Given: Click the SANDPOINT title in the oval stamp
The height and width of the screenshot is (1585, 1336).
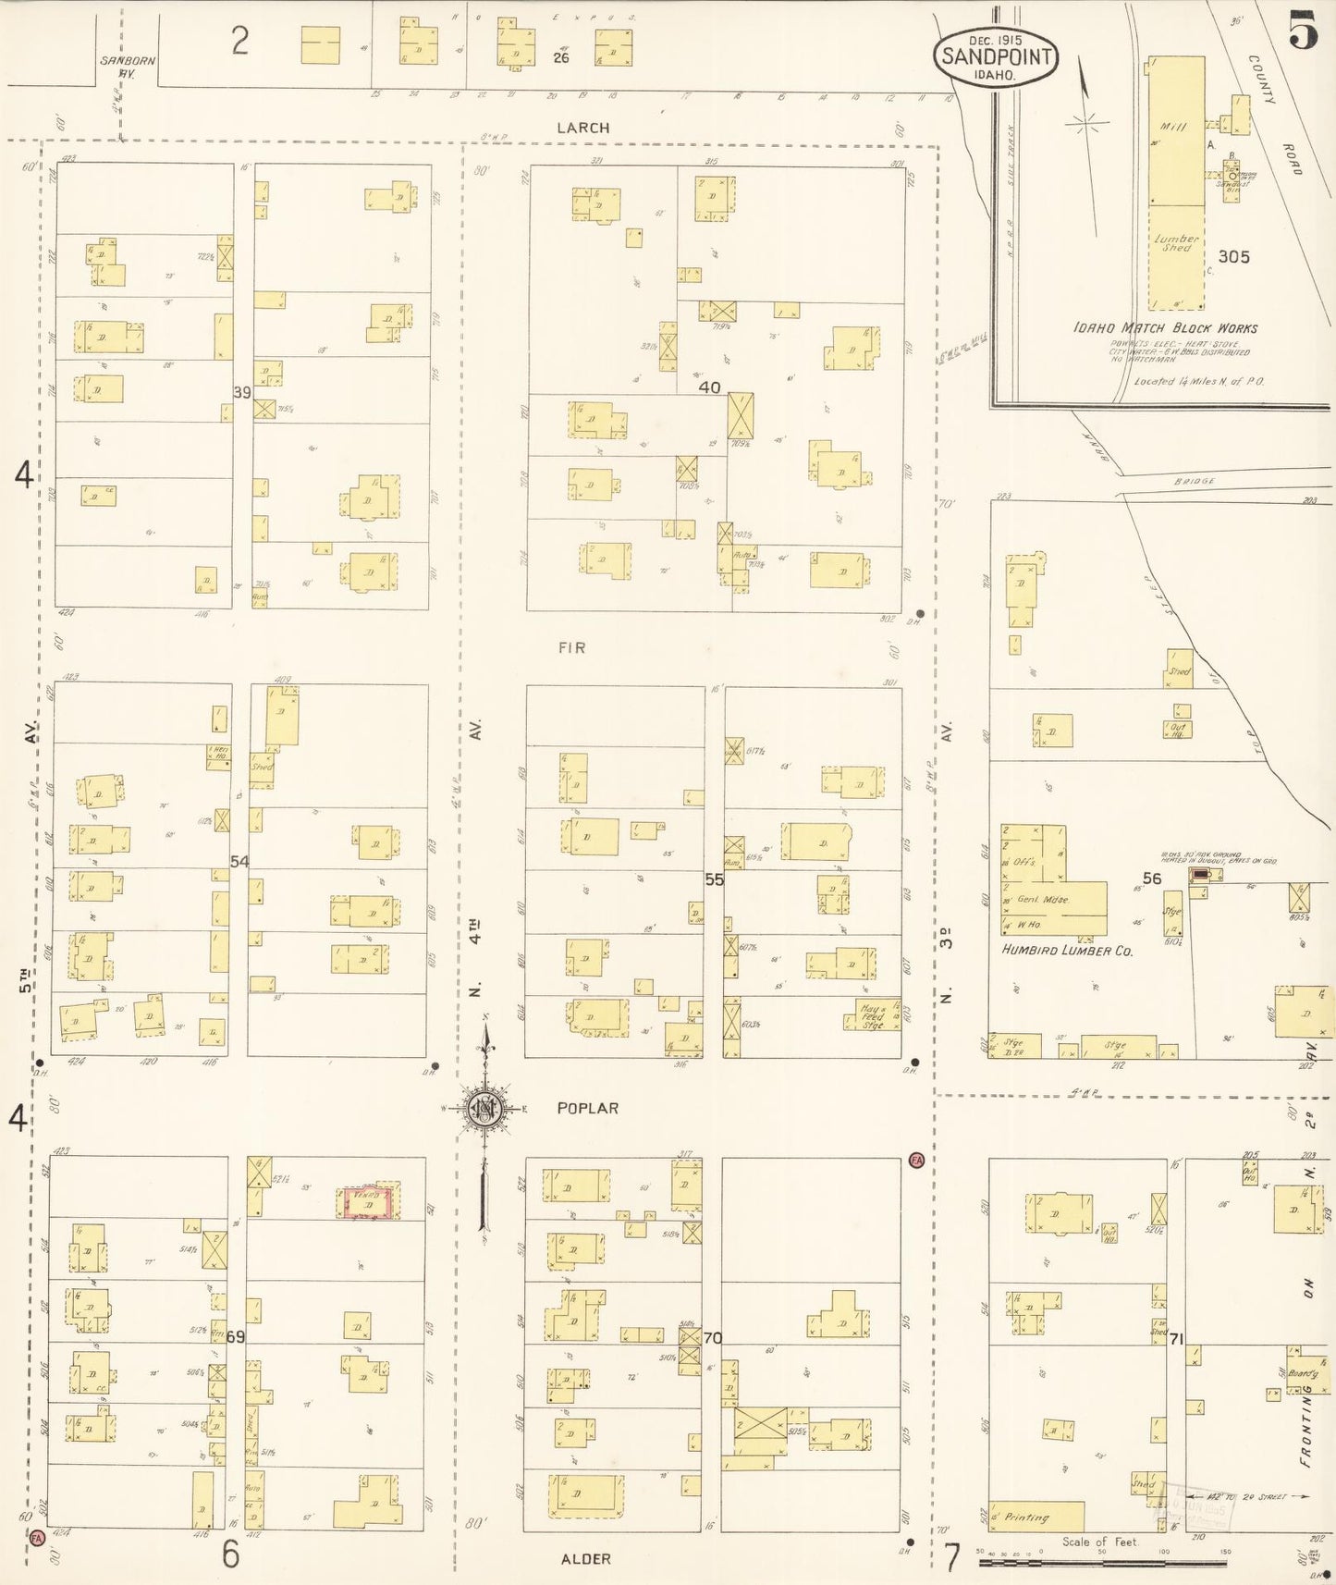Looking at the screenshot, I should click(x=995, y=57).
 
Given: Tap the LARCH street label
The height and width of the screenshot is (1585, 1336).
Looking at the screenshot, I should click(x=582, y=128).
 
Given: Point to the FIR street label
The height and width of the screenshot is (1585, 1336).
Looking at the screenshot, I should click(x=571, y=647).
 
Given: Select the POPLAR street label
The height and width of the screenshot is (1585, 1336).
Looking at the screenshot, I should click(x=587, y=1107).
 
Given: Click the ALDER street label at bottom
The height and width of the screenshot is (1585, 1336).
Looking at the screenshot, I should click(x=585, y=1558).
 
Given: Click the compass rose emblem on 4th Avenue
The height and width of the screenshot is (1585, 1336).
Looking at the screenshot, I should click(x=484, y=1109).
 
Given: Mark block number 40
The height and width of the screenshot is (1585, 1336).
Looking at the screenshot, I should click(x=709, y=387).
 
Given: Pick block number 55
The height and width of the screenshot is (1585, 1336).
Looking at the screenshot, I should click(x=714, y=879).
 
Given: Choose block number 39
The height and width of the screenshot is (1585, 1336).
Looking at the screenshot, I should click(x=241, y=392).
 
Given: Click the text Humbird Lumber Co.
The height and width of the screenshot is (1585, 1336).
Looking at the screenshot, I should click(x=1067, y=950).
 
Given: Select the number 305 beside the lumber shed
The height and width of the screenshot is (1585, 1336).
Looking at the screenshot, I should click(x=1233, y=257).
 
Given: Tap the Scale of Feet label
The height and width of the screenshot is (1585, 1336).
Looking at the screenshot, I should click(x=1100, y=1542).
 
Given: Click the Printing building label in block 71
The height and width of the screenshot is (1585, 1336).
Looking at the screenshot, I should click(x=1026, y=1517).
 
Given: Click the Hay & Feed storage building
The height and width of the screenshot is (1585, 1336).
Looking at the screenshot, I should click(x=871, y=1015).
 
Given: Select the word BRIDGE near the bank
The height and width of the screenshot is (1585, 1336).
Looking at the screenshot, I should click(x=1195, y=481).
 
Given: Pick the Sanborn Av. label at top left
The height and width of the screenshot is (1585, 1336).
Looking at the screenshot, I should click(x=127, y=67).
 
